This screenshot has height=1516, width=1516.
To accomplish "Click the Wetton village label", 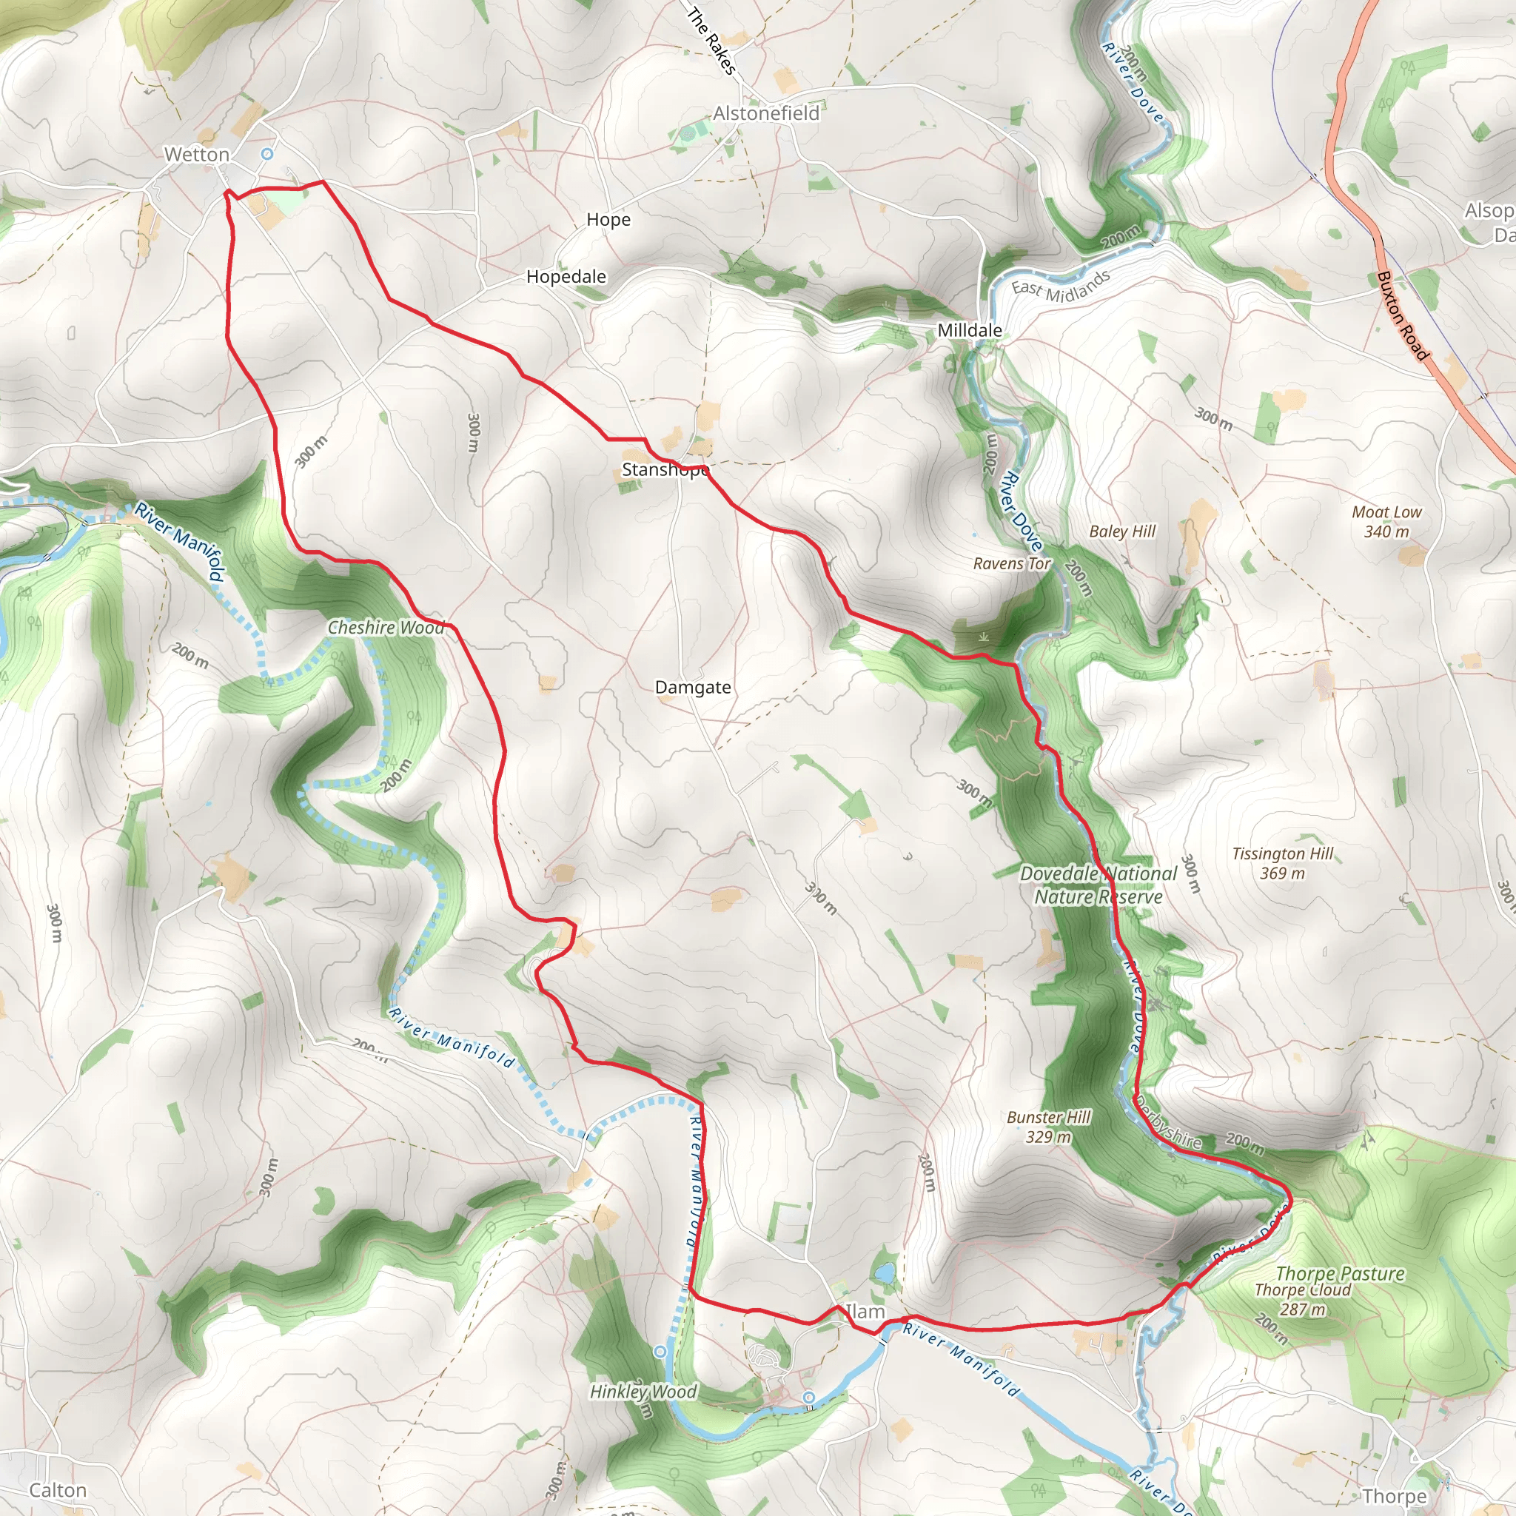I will click(x=196, y=155).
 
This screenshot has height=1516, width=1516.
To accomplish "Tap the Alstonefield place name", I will click(x=766, y=114).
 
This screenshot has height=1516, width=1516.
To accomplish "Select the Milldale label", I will click(x=970, y=330).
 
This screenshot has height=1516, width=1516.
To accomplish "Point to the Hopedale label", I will click(x=566, y=277).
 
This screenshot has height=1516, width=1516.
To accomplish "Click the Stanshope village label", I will click(x=665, y=470).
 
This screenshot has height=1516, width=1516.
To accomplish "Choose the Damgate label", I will click(x=693, y=688).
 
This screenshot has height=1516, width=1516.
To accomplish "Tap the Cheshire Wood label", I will click(x=385, y=628).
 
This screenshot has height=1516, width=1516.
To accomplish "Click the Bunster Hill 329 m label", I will click(x=1048, y=1127).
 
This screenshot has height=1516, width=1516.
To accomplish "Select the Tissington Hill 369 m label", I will click(x=1282, y=863).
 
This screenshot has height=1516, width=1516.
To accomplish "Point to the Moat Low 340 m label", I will click(x=1386, y=522).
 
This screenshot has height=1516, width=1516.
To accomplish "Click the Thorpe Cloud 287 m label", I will click(x=1303, y=1299).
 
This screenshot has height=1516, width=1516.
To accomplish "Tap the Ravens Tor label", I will click(x=1011, y=563).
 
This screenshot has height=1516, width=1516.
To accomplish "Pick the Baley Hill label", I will click(x=1122, y=531).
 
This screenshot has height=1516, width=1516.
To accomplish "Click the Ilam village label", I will click(x=865, y=1312).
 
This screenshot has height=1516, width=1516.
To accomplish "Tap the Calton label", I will click(x=57, y=1490).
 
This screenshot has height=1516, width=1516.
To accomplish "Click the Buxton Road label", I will click(x=1402, y=315).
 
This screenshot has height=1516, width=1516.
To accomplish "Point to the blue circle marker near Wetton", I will click(x=267, y=154).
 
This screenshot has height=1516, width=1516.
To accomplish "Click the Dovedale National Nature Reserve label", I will click(x=1098, y=885).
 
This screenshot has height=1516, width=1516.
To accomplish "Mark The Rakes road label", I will click(x=711, y=41).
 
